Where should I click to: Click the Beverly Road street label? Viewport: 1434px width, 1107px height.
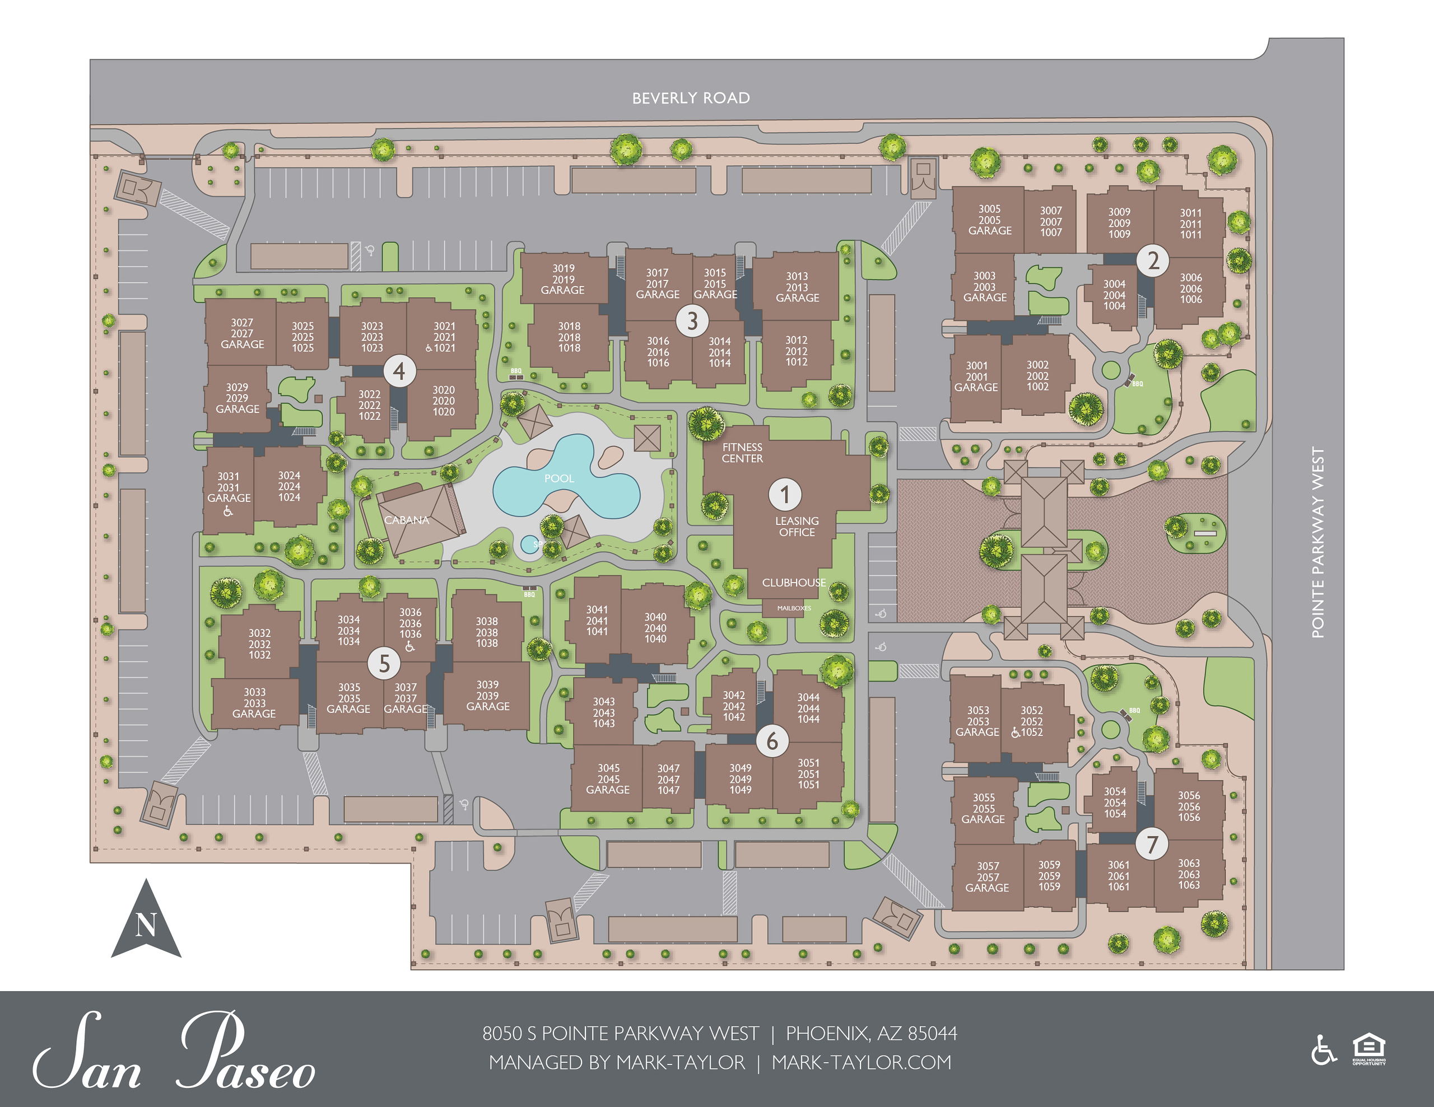691,98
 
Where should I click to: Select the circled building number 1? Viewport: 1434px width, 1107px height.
785,494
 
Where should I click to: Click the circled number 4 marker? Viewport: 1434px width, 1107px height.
399,372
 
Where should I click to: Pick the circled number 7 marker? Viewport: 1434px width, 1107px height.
1152,844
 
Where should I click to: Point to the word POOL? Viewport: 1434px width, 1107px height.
559,479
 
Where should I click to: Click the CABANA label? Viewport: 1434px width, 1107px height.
407,520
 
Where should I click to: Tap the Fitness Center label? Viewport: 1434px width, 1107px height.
742,453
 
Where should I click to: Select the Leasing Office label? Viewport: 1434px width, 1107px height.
797,526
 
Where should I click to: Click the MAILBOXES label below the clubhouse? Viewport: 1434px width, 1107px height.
794,608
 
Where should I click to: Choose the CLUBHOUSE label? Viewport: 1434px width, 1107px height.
794,583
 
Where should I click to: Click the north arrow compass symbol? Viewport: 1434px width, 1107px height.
146,922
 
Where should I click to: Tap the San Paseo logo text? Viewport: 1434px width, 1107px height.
175,1052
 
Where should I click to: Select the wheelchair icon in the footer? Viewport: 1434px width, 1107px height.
1324,1050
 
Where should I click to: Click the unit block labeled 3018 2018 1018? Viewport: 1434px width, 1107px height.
569,337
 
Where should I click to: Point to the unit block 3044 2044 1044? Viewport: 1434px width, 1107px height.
808,708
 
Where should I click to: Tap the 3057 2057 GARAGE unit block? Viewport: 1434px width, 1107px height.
988,876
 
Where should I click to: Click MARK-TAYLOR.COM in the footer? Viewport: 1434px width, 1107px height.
861,1062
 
